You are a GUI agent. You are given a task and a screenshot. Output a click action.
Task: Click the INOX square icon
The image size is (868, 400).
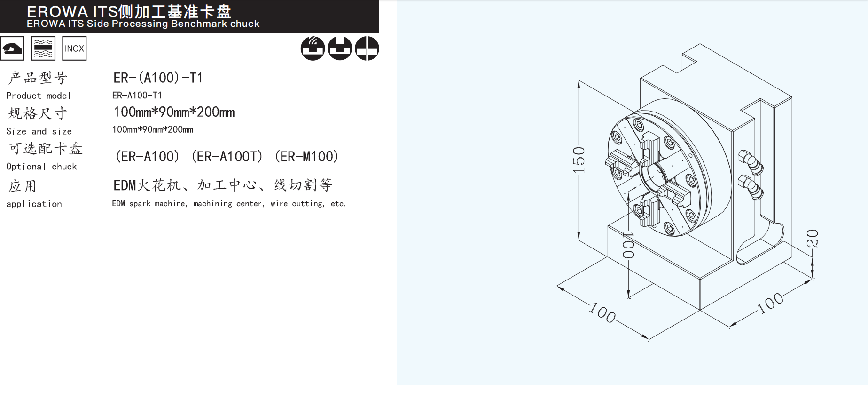(74, 48)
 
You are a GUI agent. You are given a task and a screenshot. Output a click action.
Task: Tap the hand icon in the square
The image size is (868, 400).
(12, 48)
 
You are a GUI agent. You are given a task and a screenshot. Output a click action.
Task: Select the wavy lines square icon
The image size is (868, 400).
(43, 48)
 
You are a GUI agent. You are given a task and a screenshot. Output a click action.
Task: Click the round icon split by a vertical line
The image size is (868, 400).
(367, 48)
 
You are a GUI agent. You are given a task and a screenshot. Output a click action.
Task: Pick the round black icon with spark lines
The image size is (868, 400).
(313, 48)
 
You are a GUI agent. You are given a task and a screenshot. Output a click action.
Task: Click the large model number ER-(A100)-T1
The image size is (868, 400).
(158, 78)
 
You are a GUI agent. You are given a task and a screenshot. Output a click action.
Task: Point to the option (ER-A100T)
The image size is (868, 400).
(227, 157)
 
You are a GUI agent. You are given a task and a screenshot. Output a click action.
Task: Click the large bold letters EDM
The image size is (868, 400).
(125, 185)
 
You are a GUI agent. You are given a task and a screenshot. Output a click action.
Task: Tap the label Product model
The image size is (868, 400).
(39, 96)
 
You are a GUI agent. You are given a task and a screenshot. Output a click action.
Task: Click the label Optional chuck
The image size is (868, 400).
(41, 167)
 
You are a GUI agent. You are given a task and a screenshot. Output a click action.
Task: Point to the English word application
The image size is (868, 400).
(34, 204)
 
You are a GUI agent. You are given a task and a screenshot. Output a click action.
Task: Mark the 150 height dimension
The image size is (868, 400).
(579, 160)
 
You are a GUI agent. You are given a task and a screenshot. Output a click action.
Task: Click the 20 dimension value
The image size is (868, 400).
(813, 238)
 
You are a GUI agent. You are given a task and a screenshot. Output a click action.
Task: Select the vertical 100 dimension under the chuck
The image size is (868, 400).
(628, 245)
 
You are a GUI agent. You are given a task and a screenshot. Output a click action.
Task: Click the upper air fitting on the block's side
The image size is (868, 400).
(751, 162)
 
